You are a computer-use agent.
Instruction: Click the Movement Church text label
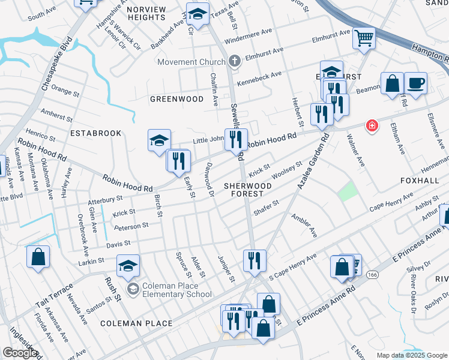[x=191, y=62]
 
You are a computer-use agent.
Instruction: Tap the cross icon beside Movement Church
[x=234, y=62]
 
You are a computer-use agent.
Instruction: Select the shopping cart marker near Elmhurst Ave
[x=364, y=38]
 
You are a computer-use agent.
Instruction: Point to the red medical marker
[x=373, y=125]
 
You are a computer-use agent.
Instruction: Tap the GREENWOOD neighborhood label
[x=176, y=99]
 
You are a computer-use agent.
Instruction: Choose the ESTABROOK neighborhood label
[x=95, y=133]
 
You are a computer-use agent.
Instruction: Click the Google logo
[x=20, y=353]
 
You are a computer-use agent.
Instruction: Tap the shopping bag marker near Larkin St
[x=38, y=257]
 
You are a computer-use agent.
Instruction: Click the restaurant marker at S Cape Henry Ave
[x=255, y=260]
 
